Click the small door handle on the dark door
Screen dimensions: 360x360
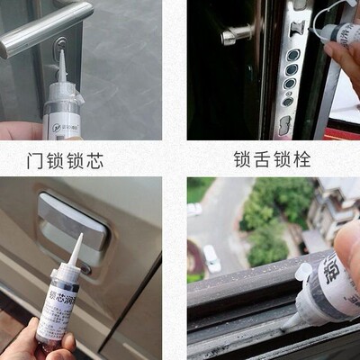tap(236, 35)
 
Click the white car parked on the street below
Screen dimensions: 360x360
tap(211, 259)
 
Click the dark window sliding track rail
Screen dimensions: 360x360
tap(243, 310)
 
